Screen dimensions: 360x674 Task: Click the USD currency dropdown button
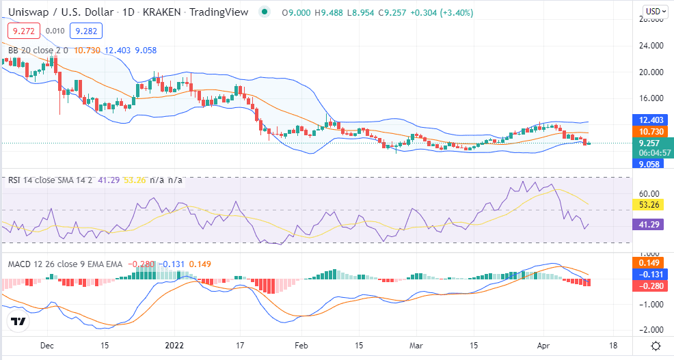coord(656,12)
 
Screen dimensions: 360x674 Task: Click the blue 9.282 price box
coord(86,31)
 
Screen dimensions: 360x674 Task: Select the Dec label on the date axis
coord(47,346)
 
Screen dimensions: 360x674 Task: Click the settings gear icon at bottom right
coord(656,346)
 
